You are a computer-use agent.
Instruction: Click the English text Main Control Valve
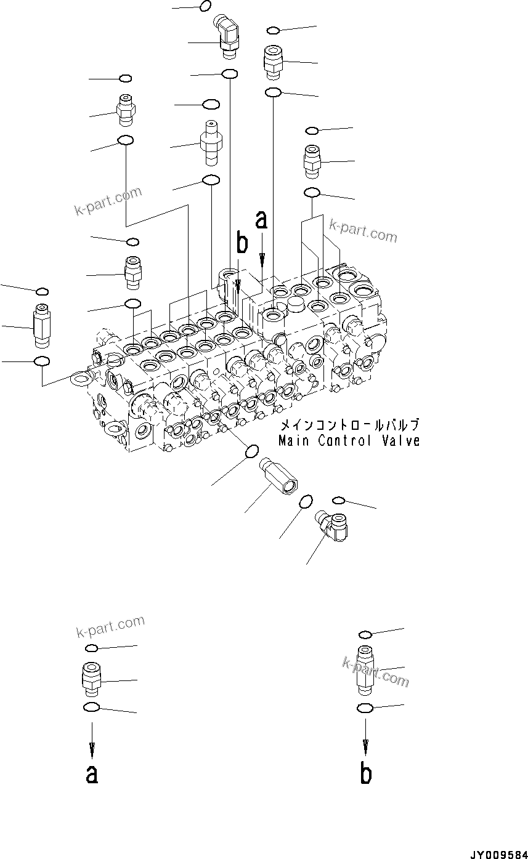pos(349,441)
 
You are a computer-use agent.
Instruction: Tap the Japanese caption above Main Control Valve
pos(350,425)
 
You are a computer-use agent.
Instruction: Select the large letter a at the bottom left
pos(92,774)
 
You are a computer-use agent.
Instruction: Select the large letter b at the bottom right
pos(366,774)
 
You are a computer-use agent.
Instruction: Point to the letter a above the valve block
pos(262,219)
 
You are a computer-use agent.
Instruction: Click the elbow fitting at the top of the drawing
pos(226,37)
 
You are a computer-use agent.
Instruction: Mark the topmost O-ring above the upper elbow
pos(206,6)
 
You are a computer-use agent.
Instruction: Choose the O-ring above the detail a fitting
pos(91,648)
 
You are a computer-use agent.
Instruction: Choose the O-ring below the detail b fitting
pos(365,708)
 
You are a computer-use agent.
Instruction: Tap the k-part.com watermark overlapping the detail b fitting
pos(376,671)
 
